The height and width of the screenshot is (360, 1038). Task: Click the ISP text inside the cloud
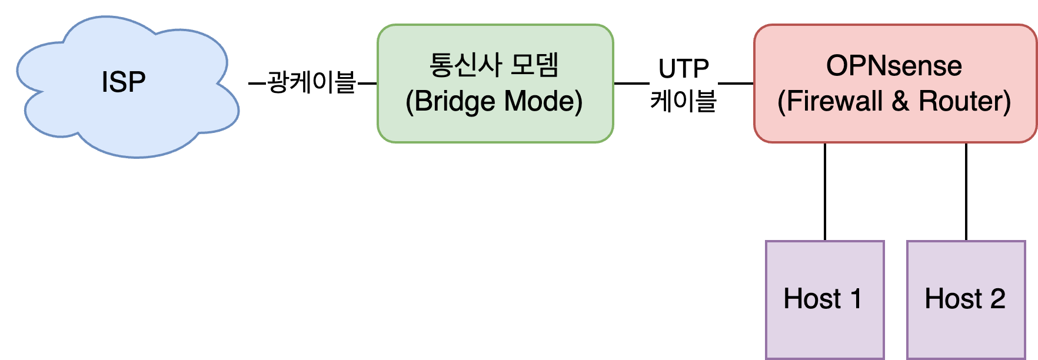point(124,82)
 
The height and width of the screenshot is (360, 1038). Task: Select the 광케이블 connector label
point(311,82)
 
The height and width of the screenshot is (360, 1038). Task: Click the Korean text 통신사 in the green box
point(465,65)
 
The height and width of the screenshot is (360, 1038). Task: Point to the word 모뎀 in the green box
point(534,65)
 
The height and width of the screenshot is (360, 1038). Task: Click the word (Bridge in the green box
point(450,101)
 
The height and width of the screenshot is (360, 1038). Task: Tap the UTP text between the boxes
point(683,69)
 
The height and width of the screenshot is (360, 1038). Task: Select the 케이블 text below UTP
point(683,101)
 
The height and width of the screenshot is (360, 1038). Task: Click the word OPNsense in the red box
point(894,66)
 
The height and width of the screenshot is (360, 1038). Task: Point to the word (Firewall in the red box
point(830,101)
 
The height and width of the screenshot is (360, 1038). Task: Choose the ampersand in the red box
point(900,101)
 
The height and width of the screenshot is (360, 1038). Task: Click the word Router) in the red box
point(964,101)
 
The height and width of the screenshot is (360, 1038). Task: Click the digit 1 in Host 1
point(856,299)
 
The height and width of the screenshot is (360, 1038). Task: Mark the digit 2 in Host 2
point(997,299)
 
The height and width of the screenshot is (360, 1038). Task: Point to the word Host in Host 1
point(812,299)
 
